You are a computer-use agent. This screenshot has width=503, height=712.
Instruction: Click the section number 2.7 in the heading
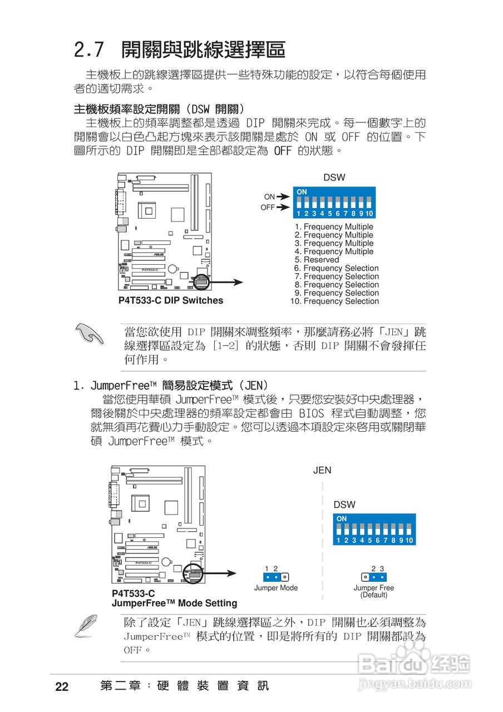(x=89, y=50)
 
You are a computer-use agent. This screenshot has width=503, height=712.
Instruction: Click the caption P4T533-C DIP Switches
(x=170, y=300)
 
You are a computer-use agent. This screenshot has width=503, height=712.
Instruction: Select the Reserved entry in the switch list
(x=317, y=260)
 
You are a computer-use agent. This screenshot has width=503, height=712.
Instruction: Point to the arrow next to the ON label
(x=283, y=196)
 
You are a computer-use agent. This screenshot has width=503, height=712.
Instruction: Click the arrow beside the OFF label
(x=283, y=207)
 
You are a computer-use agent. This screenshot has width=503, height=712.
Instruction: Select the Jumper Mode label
(x=275, y=588)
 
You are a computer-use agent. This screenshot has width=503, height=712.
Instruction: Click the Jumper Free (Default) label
(x=373, y=591)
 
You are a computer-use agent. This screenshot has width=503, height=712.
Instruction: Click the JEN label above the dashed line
(x=322, y=470)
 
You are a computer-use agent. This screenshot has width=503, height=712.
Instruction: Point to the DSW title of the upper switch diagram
(x=334, y=177)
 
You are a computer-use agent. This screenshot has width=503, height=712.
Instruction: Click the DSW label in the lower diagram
(x=344, y=505)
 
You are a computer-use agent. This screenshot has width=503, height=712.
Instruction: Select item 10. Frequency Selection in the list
(x=334, y=301)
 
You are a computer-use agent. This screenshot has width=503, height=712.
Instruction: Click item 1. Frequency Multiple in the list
(x=334, y=227)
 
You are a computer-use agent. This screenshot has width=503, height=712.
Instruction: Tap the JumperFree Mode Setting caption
(x=174, y=603)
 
